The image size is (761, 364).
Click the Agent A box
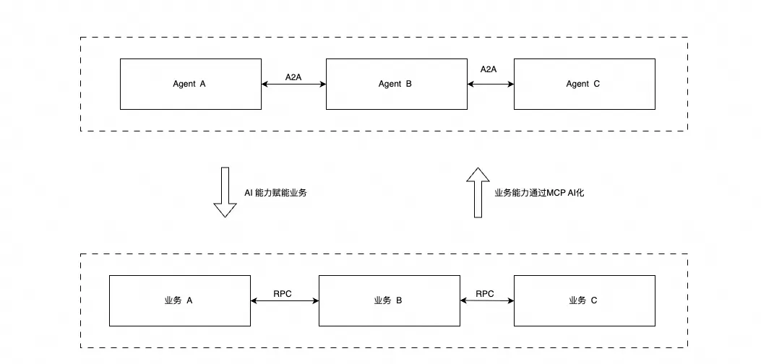[x=191, y=84]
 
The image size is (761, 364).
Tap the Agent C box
[x=584, y=84]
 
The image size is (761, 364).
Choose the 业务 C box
[x=584, y=300]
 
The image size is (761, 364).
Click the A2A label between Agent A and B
[x=293, y=77]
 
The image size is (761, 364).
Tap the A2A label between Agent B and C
[x=489, y=69]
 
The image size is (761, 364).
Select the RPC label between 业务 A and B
[x=283, y=293]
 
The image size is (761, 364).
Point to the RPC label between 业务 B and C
[x=485, y=293]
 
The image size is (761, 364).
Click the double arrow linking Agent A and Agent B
[x=294, y=85]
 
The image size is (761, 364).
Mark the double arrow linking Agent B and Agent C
[x=491, y=84]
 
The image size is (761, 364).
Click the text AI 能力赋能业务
[x=275, y=193]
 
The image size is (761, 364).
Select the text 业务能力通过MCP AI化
[x=534, y=193]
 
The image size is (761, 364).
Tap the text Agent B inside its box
[x=395, y=84]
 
